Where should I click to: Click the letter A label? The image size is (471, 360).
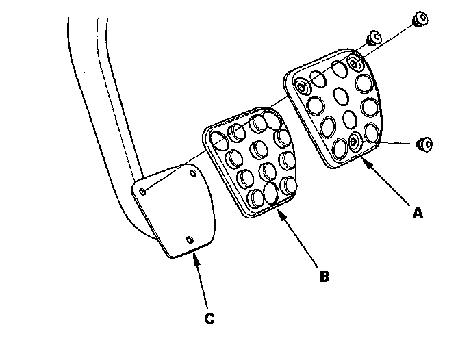pos(418,213)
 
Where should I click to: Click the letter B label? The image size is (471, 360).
pos(324,277)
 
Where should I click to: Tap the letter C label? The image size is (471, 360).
pos(209,318)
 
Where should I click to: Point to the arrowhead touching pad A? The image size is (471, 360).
pos(367,163)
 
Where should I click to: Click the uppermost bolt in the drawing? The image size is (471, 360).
pos(421,18)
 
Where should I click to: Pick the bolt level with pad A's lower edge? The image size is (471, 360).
pos(425,144)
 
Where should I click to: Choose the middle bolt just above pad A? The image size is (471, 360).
pos(373,38)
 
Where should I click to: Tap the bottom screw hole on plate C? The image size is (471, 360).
pos(190,240)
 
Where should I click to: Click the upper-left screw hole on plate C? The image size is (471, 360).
pos(143,191)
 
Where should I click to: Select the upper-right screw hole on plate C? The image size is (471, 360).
pos(193,173)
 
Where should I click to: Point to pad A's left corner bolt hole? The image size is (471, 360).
pos(302,87)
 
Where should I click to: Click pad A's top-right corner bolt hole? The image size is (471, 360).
pos(354,64)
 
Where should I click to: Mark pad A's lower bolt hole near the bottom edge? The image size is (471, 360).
pos(353,142)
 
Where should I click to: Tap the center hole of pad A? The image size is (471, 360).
pos(341,96)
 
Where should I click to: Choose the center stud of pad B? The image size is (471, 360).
pos(259,149)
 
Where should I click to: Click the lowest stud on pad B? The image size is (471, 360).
pos(256,198)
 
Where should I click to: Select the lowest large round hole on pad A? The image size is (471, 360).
pos(340,149)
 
